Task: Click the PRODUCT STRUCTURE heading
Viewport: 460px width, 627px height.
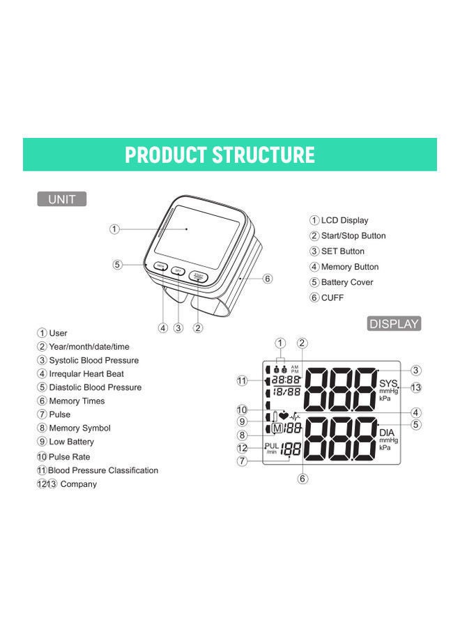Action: (x=220, y=155)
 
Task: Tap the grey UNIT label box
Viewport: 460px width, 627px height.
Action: (x=61, y=199)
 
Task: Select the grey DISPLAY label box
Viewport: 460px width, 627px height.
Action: (x=394, y=323)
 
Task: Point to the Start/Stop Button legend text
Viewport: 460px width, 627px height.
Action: (x=353, y=235)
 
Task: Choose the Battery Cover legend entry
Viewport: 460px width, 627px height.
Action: (x=346, y=282)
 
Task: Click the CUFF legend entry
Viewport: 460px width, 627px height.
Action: (x=332, y=297)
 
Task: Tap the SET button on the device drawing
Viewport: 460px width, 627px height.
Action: (x=178, y=271)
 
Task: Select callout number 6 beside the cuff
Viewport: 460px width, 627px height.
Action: (x=268, y=279)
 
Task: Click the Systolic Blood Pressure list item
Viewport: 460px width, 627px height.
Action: (x=93, y=360)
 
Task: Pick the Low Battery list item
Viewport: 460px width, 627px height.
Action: (x=71, y=442)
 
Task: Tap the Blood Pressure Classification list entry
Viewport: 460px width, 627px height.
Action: (x=102, y=470)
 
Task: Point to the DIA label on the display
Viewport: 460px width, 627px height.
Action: (x=387, y=433)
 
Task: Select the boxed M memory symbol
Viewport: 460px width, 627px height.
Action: (x=277, y=428)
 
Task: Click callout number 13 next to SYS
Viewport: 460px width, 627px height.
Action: (x=416, y=387)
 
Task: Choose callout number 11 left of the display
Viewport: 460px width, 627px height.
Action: (x=242, y=380)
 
